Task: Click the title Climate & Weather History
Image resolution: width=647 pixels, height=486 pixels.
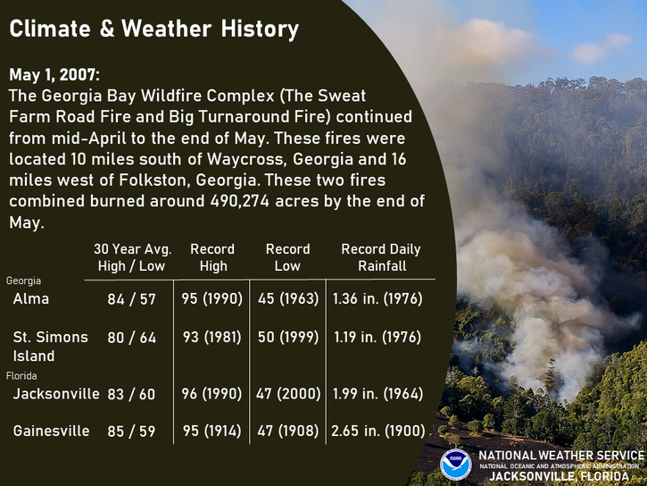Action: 153,29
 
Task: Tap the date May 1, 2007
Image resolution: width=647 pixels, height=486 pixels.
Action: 54,75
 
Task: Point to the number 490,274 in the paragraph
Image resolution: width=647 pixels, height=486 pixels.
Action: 240,201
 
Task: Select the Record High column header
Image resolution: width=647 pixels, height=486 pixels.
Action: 212,257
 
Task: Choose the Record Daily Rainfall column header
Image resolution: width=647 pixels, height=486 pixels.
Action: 381,257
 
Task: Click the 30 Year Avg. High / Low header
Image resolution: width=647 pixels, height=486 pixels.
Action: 132,257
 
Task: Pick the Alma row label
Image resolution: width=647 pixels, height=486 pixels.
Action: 31,298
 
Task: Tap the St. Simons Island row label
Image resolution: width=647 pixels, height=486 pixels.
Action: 50,346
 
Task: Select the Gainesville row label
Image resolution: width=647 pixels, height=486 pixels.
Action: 51,431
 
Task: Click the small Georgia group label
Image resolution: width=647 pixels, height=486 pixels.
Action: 23,281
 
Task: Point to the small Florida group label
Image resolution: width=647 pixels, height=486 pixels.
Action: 21,376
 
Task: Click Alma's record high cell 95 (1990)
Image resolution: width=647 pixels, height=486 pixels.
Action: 212,299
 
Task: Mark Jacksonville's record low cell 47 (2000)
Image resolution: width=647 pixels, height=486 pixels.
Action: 288,393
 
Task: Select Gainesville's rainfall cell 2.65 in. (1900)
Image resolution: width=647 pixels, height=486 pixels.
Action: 378,431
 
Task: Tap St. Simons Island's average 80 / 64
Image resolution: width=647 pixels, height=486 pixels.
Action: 131,338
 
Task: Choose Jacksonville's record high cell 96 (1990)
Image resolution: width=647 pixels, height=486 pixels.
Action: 212,393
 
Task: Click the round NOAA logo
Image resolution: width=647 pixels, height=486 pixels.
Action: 455,465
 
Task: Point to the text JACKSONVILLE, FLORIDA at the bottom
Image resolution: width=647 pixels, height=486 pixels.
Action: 560,476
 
